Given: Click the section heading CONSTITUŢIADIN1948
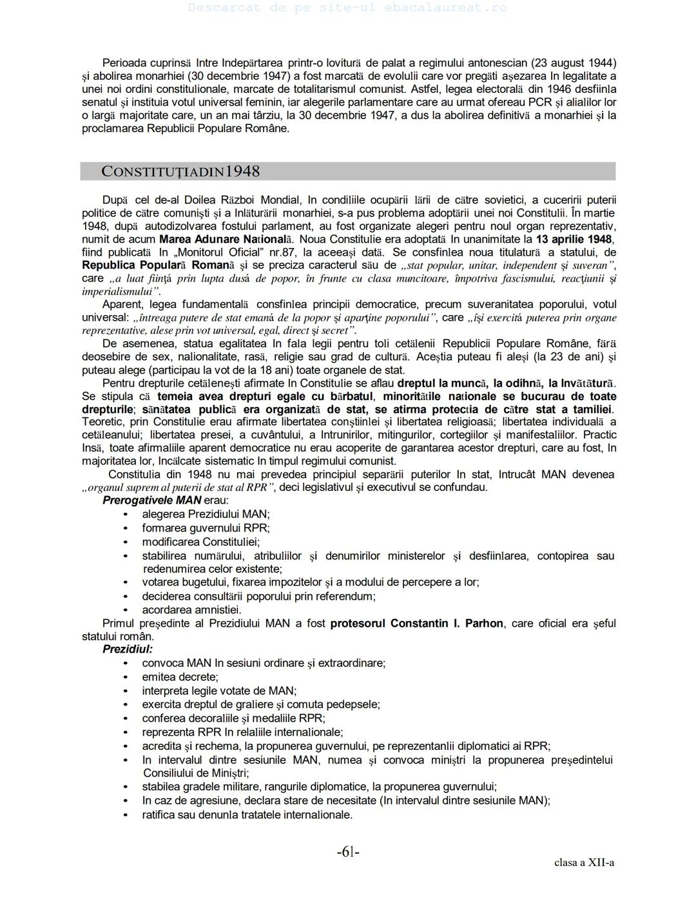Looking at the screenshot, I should tap(180, 171).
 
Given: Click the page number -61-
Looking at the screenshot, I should tap(348, 852).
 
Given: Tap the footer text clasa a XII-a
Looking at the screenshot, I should tap(584, 863).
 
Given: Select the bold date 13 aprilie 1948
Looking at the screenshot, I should tap(574, 239).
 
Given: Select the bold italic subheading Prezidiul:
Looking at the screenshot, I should tap(128, 649).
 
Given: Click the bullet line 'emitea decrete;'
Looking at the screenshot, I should tap(180, 676).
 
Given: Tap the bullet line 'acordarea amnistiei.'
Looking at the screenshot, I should tap(192, 609).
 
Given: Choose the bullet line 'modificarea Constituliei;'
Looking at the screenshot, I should tap(201, 542).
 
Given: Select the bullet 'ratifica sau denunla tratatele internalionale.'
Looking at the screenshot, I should tap(247, 814).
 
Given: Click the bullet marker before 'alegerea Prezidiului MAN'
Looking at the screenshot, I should tap(125, 515).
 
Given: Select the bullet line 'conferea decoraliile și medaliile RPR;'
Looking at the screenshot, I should tap(233, 718).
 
